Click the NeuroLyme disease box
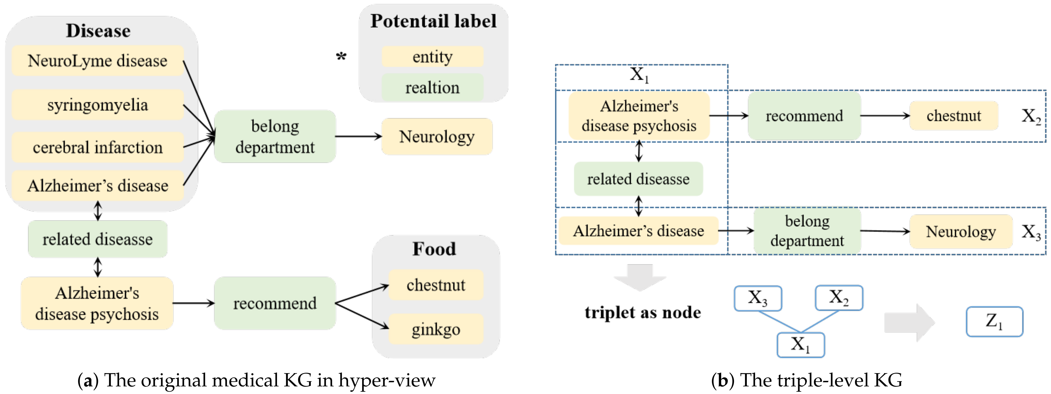coord(97,61)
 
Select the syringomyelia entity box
coord(97,105)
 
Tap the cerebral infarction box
coord(97,147)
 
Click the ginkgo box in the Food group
coord(436,329)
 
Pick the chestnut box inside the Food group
coord(436,285)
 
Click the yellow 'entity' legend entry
coord(432,57)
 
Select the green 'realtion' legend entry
coord(432,87)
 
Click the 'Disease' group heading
coord(98,31)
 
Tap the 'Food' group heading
coord(434,249)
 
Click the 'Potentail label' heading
coord(433,21)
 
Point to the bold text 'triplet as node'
coord(643,312)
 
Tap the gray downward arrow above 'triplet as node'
coord(640,277)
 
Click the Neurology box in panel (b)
coord(961,232)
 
